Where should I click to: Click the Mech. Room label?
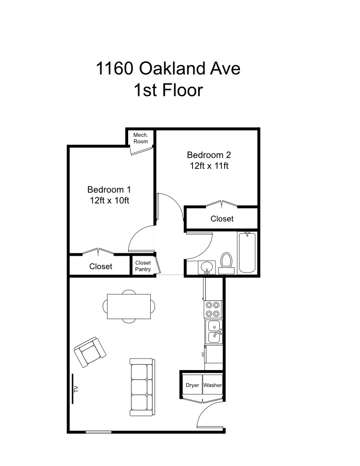point(141,138)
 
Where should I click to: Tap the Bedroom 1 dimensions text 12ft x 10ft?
point(109,201)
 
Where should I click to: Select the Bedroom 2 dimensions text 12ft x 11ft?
point(209,166)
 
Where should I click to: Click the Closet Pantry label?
point(143,266)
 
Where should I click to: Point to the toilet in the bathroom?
point(227,261)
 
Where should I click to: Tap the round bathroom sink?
point(208,267)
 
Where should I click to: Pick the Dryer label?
point(192,385)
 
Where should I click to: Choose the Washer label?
point(212,385)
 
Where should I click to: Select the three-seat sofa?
point(141,387)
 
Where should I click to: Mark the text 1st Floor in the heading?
point(168,90)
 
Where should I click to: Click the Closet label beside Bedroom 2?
point(222,219)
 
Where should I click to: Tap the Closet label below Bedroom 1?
point(101,266)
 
